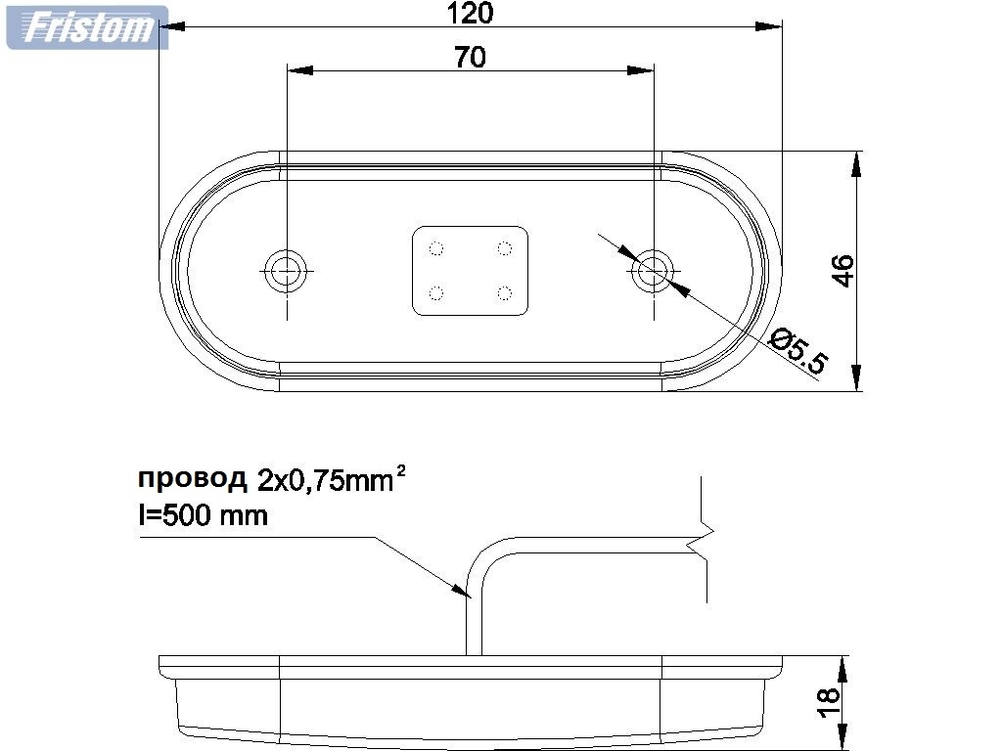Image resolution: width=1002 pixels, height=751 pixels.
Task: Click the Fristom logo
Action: tap(87, 27)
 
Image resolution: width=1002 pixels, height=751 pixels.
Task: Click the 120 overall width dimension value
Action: tap(470, 13)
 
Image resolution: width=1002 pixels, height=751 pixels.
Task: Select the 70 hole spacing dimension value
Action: tap(470, 58)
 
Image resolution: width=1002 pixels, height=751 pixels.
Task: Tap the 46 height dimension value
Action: tap(843, 271)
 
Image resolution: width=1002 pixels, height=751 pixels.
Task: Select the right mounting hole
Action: tap(652, 270)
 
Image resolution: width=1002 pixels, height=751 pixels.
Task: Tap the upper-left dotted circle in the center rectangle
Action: tap(436, 247)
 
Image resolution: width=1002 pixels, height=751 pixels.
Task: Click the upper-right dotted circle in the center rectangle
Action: tap(505, 247)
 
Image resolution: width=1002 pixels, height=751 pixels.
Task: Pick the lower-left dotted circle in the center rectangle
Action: tap(436, 292)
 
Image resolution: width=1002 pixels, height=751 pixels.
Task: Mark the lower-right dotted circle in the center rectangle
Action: tap(505, 292)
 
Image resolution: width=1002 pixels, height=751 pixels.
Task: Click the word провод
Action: tap(192, 479)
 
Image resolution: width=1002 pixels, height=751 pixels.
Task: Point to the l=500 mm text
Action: tap(202, 514)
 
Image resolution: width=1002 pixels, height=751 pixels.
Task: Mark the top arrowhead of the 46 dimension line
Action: tap(857, 163)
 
